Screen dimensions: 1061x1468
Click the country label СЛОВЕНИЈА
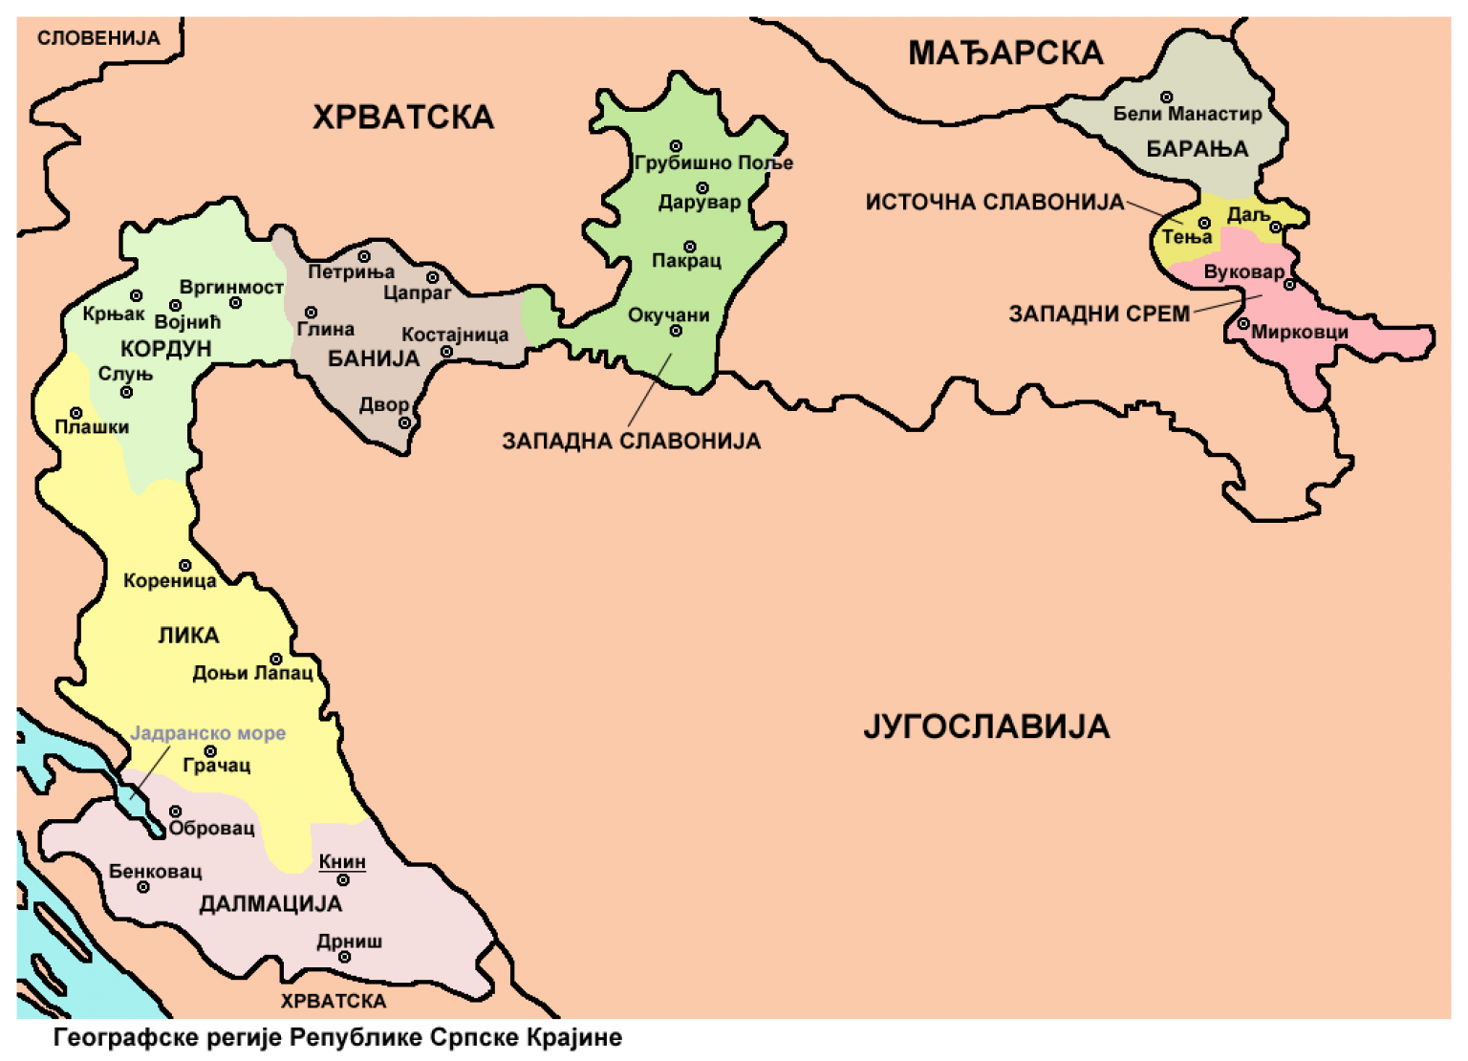click(x=97, y=38)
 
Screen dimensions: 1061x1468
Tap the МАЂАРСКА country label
click(x=1005, y=53)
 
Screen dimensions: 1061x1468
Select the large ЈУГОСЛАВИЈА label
click(x=986, y=726)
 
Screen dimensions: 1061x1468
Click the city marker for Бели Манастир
click(x=1166, y=97)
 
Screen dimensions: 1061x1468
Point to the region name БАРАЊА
click(x=1197, y=149)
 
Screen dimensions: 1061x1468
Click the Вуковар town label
click(x=1243, y=271)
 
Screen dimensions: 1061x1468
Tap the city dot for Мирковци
click(x=1243, y=324)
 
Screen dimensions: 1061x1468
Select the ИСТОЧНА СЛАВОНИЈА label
click(x=994, y=203)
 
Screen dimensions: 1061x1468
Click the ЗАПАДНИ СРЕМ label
click(x=1099, y=314)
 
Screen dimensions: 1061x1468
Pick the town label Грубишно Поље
click(x=713, y=163)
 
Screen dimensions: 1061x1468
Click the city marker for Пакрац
click(x=689, y=247)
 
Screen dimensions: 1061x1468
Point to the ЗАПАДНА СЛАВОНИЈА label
click(x=631, y=441)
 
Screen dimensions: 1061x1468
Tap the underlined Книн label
click(x=342, y=861)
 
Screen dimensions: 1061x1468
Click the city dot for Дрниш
click(x=344, y=957)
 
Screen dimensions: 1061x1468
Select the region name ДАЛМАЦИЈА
click(x=270, y=903)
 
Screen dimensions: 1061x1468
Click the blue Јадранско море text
click(x=207, y=733)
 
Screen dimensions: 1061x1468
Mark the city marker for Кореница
click(x=185, y=566)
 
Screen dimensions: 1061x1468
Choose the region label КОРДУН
click(x=165, y=348)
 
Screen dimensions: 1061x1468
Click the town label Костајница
click(x=455, y=335)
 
